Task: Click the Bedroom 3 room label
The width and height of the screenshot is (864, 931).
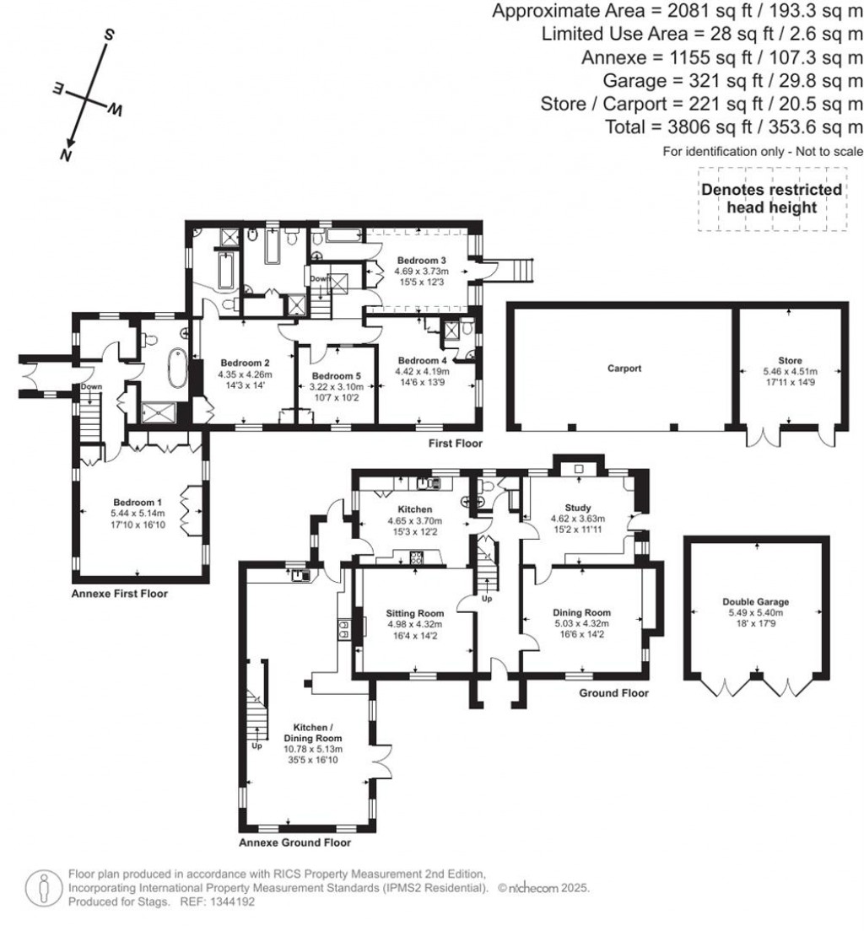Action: tap(425, 260)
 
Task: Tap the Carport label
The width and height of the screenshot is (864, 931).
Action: tap(624, 369)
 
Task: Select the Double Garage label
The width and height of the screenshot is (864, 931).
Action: tap(755, 601)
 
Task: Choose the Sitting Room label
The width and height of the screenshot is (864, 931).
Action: tap(414, 613)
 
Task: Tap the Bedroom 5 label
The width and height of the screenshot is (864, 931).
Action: tap(335, 376)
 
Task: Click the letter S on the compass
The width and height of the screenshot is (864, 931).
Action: tap(108, 35)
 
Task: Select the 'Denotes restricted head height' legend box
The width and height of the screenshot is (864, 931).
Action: tap(771, 199)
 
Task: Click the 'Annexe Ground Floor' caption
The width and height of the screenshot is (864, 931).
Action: tap(294, 842)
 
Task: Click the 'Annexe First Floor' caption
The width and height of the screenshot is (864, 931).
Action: tap(119, 594)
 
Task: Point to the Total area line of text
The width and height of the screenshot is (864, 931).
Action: tap(734, 126)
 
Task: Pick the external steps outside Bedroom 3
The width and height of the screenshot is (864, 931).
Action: tap(515, 269)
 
